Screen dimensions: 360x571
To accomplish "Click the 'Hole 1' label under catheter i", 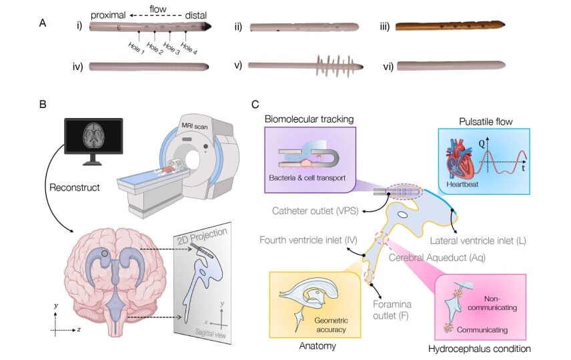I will (136, 47).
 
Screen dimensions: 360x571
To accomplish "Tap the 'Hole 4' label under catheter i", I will (189, 47).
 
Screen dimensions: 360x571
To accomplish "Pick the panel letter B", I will (43, 104).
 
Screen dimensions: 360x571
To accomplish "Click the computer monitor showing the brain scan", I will (93, 139).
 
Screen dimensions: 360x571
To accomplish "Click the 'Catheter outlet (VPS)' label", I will (316, 211).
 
